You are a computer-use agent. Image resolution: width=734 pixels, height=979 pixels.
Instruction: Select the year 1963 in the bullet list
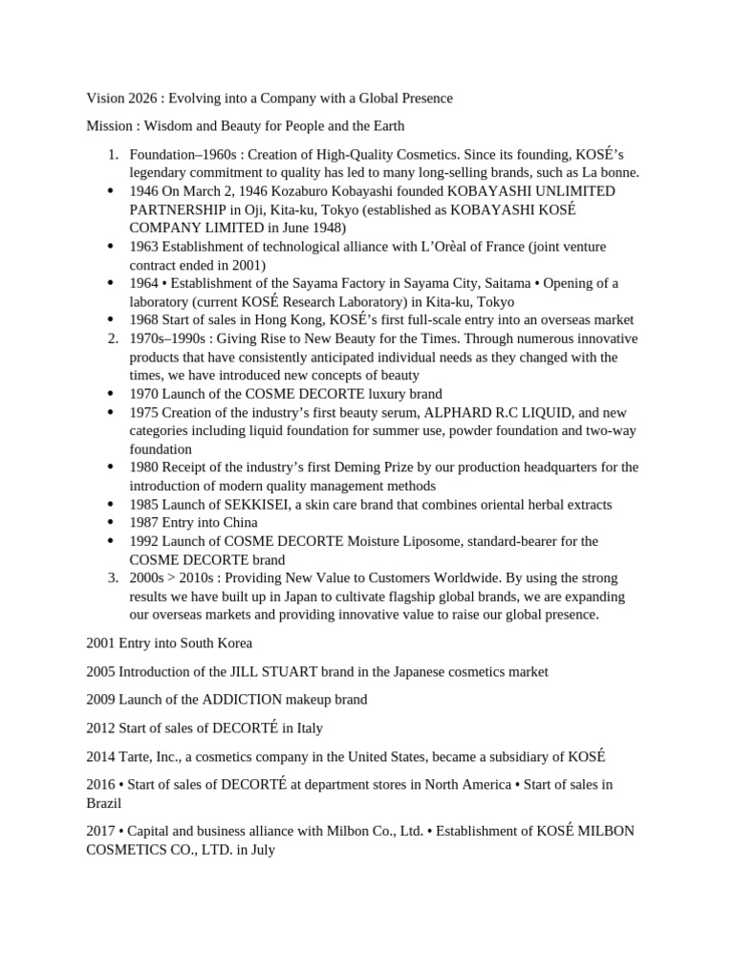(144, 247)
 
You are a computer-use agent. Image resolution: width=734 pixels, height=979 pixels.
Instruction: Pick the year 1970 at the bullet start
(144, 394)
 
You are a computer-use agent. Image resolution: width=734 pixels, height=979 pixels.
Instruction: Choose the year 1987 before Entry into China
(144, 522)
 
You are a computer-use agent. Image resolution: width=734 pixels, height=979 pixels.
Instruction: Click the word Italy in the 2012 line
(310, 728)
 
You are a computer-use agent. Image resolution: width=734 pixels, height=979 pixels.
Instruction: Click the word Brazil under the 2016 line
(105, 803)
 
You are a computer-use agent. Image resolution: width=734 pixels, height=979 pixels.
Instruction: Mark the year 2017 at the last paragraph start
(101, 831)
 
